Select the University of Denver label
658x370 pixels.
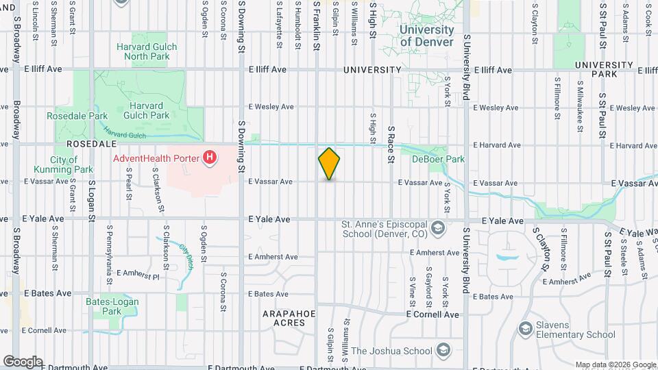(x=426, y=36)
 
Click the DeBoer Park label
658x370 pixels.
(x=438, y=159)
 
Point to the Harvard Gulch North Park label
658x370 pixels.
(x=146, y=51)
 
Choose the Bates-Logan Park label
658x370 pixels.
(x=103, y=306)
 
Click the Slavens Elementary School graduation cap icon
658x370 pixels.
(x=526, y=330)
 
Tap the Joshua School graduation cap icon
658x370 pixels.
(x=443, y=351)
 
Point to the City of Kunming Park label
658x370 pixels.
(x=64, y=164)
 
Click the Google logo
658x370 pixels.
(x=22, y=361)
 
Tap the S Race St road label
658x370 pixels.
(x=391, y=144)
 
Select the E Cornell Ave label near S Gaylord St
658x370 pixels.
(x=432, y=314)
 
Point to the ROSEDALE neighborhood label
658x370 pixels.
(x=93, y=145)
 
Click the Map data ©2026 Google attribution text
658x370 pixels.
(x=614, y=365)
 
